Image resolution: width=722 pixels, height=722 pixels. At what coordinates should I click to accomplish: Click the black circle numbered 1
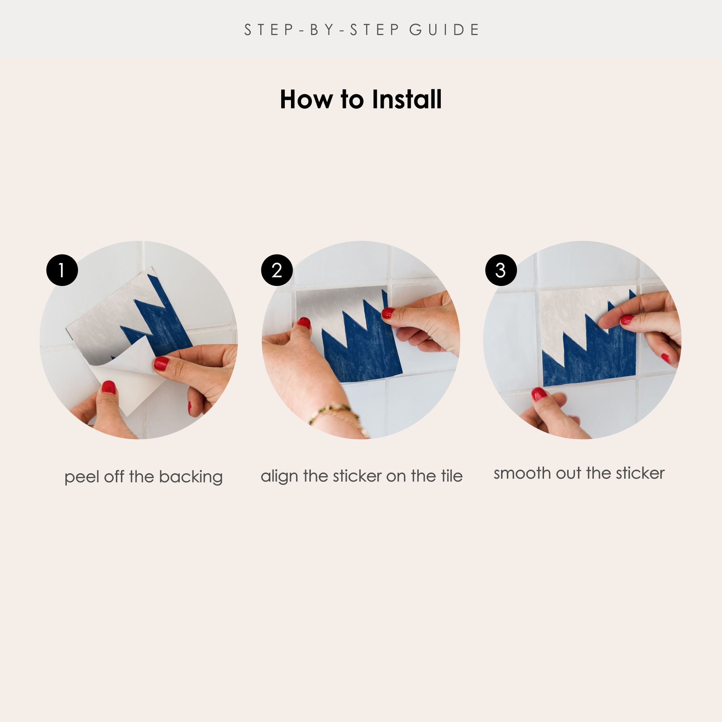click(x=62, y=270)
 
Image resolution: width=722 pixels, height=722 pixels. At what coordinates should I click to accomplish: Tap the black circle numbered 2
click(x=277, y=270)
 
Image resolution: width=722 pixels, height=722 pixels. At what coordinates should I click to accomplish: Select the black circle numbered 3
click(x=501, y=270)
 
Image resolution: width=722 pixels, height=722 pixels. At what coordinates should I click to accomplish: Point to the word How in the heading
click(x=306, y=99)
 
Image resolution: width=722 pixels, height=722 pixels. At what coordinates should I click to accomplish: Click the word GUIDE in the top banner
click(x=444, y=30)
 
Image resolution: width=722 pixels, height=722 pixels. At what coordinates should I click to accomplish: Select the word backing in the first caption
click(x=191, y=478)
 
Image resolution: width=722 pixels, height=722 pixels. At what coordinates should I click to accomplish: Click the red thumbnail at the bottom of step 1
click(x=108, y=387)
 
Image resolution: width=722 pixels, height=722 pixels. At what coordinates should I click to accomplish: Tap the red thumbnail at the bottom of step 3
click(x=539, y=394)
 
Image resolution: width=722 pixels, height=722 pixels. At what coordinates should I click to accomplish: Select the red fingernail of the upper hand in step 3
click(x=627, y=319)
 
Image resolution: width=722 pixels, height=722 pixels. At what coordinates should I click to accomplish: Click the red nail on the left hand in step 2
click(x=304, y=323)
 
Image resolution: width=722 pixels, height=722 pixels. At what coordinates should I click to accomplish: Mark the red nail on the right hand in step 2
click(x=387, y=313)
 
